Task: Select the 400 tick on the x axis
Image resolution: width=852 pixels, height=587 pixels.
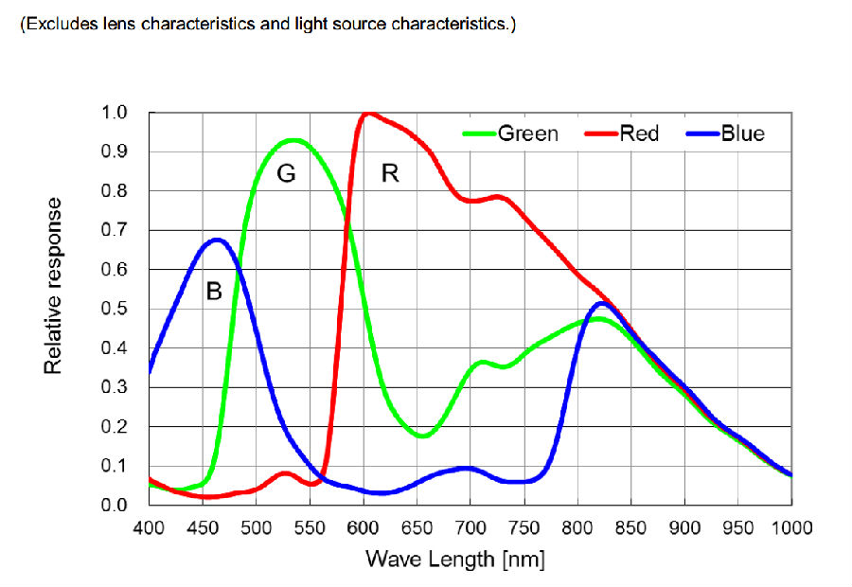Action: click(150, 527)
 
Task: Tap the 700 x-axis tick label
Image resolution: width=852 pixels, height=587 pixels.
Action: click(470, 527)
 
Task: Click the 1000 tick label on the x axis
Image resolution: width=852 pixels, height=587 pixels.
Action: click(792, 527)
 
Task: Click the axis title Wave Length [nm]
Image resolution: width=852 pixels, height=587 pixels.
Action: click(455, 559)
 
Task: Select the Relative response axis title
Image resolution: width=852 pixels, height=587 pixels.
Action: click(53, 285)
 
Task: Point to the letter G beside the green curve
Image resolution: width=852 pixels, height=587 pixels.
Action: click(287, 174)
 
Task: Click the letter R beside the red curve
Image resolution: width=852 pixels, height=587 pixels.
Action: click(389, 173)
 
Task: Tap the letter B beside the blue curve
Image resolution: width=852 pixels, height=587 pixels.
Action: click(214, 292)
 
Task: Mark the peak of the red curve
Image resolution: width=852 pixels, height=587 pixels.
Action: click(367, 113)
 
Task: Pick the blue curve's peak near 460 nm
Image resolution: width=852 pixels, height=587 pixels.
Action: click(217, 240)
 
